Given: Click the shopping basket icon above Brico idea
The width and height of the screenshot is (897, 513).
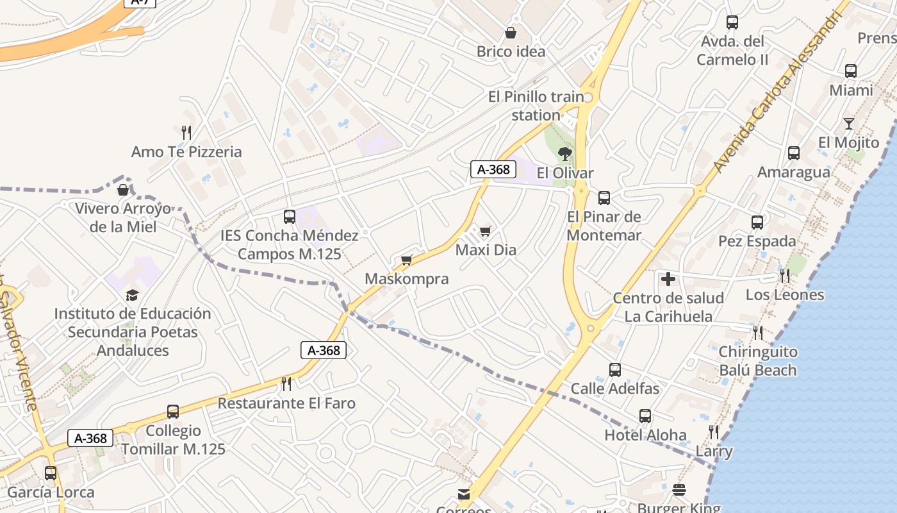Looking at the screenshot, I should [511, 33].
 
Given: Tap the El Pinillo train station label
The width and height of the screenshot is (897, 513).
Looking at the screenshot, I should [536, 106].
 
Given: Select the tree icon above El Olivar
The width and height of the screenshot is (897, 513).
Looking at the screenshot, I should [564, 153].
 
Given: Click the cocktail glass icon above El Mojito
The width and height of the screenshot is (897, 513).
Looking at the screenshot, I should [849, 123].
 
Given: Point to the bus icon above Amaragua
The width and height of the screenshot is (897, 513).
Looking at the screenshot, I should [794, 153].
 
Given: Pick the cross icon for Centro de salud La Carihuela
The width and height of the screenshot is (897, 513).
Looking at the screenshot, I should [668, 279].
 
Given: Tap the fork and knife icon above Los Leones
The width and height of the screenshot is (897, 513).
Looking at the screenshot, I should [785, 276].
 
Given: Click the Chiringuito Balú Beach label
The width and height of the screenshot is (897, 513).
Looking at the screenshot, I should [757, 361].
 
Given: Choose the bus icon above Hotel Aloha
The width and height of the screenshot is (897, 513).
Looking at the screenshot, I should [645, 416].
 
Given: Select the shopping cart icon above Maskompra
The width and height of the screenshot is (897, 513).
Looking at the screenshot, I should [406, 260].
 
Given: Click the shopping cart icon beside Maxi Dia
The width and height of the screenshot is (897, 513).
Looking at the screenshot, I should [486, 231].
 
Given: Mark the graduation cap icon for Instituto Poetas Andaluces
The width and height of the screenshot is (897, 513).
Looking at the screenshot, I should [133, 295].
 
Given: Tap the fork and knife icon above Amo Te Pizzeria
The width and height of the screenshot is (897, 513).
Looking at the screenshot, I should [186, 133].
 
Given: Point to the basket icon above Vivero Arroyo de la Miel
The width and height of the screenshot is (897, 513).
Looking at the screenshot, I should [122, 190].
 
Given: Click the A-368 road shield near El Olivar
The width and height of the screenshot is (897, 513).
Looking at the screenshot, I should [493, 169].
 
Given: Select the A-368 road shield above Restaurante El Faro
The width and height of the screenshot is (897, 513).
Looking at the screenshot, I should [324, 350].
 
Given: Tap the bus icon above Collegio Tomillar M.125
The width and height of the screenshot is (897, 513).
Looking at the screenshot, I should [173, 412].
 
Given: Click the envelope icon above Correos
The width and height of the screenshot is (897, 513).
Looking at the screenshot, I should [464, 494].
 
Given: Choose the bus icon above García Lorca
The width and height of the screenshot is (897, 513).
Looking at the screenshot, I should [51, 473].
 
